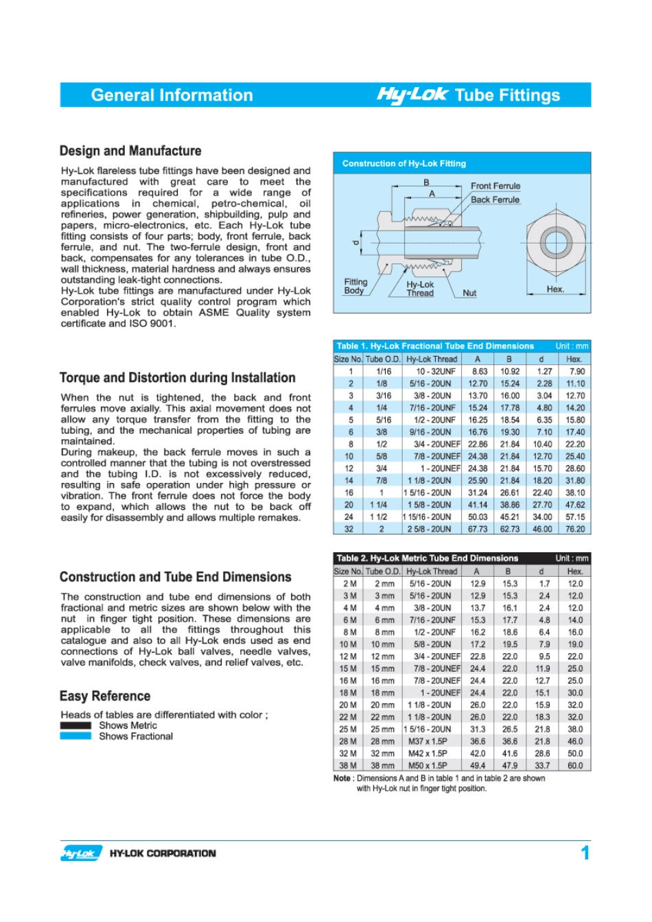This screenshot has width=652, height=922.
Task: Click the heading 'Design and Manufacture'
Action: click(130, 151)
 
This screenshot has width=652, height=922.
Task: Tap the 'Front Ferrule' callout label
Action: click(496, 186)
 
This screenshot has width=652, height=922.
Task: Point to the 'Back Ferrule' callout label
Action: click(495, 200)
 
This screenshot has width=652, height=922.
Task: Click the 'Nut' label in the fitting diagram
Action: click(469, 293)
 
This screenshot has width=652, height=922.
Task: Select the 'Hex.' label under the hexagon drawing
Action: click(555, 289)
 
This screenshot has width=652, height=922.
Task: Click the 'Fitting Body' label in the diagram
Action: click(356, 286)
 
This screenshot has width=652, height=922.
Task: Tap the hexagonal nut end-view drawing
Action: click(555, 242)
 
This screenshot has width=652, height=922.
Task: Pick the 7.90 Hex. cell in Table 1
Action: click(575, 371)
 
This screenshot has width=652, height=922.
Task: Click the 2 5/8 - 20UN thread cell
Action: click(430, 529)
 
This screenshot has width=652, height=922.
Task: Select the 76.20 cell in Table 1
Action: click(575, 529)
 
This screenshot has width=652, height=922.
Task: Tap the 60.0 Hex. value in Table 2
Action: click(575, 766)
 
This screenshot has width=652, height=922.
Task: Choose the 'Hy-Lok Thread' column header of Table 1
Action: click(431, 359)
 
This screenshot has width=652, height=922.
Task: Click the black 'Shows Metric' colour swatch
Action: click(75, 725)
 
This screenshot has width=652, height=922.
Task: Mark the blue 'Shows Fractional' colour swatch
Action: click(75, 736)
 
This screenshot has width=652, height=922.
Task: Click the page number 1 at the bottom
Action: click(585, 853)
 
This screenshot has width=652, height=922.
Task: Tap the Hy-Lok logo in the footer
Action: click(80, 853)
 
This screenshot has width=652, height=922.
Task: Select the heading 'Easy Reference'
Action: click(105, 696)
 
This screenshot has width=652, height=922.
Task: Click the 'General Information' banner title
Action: click(172, 95)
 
